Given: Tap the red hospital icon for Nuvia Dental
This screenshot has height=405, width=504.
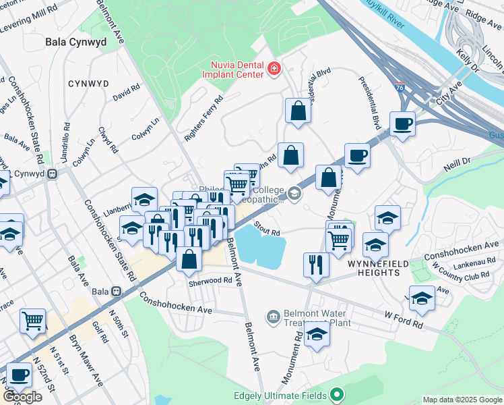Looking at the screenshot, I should click(x=274, y=68).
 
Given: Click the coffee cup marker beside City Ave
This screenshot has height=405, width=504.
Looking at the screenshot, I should click(x=402, y=124).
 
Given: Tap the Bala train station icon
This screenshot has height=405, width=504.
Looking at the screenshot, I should click(x=116, y=292).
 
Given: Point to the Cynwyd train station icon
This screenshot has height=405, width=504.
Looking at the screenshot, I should click(x=51, y=173).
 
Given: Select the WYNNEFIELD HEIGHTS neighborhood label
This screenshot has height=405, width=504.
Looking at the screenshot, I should click(x=375, y=272).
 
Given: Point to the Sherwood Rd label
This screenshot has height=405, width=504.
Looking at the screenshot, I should click(x=215, y=279).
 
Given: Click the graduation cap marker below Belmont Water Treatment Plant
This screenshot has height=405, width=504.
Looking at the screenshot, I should click(x=317, y=334).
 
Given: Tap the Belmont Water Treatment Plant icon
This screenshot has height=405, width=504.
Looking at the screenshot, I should click(x=272, y=315).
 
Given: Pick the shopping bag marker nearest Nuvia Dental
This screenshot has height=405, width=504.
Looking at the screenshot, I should click(x=297, y=111).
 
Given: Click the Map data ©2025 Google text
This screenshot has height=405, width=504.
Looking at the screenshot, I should click(x=462, y=400).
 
